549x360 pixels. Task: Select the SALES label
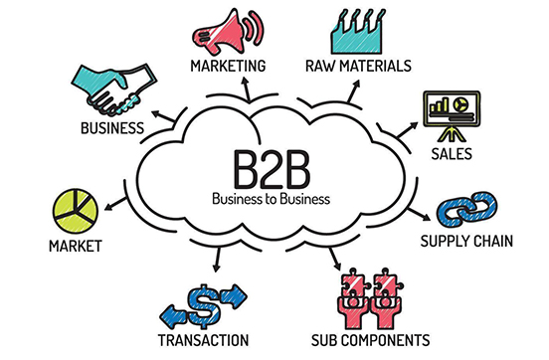[453, 155]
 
